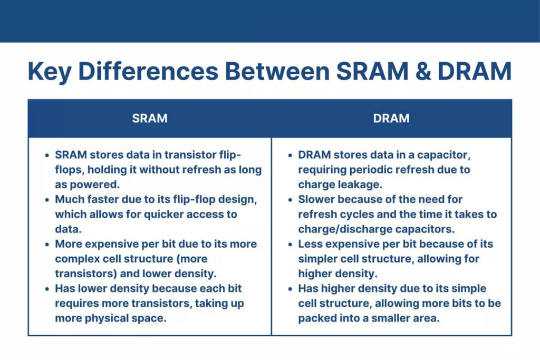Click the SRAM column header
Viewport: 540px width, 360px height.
coord(150,118)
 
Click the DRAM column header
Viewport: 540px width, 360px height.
coord(391,118)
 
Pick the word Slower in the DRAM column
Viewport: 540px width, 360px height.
coord(316,200)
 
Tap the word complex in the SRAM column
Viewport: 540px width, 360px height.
coord(75,259)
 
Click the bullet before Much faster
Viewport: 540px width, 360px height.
coord(47,200)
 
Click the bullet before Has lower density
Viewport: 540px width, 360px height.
coord(47,289)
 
